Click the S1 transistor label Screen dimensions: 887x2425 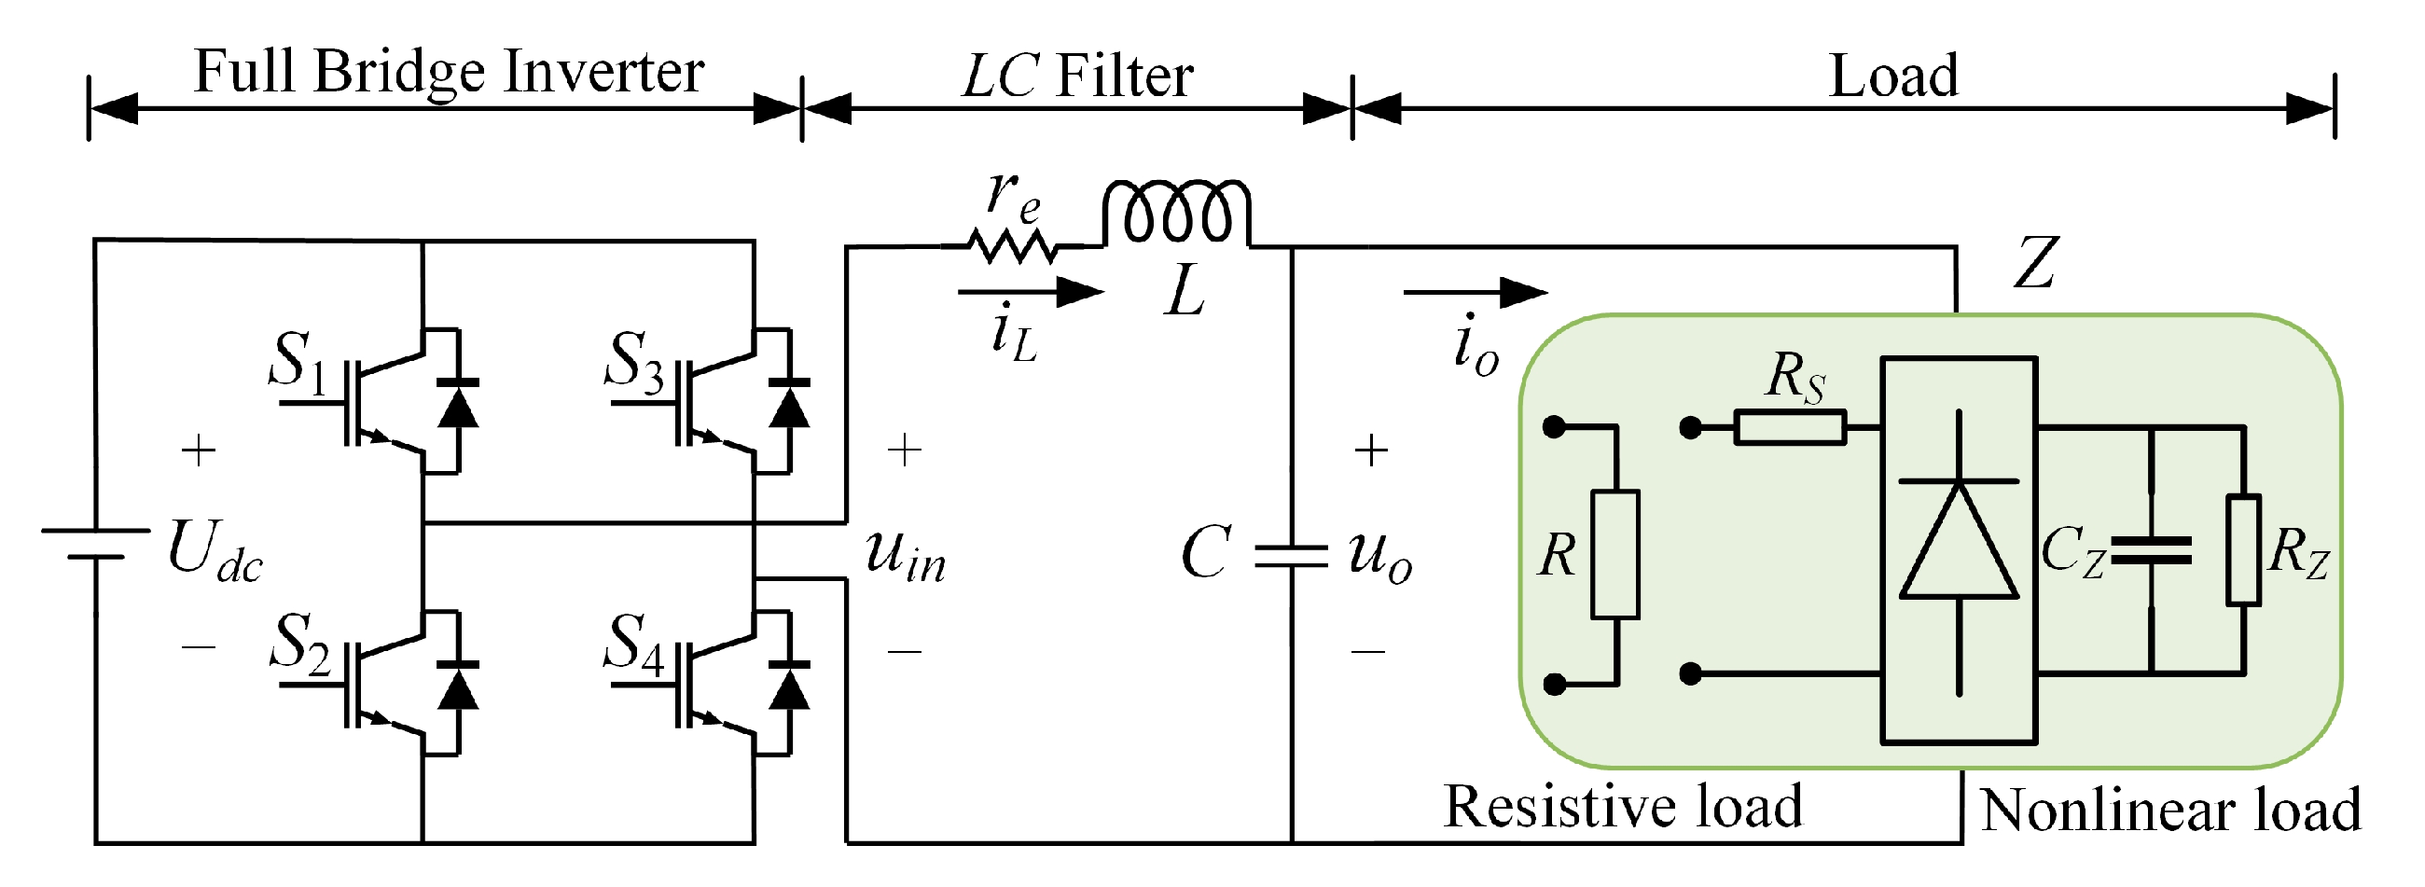pos(298,362)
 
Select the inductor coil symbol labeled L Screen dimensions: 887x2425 pos(1177,212)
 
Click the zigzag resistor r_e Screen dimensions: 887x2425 pos(1013,247)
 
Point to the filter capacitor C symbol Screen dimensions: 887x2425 pos(1292,556)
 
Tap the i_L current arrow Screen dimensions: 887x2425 pos(1031,292)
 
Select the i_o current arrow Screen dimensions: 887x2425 pos(1476,292)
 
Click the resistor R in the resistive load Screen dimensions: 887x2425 pos(1615,554)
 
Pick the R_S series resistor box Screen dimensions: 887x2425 pos(1790,427)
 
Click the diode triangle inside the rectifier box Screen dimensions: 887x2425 pos(1959,540)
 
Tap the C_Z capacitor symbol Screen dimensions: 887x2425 pos(2151,551)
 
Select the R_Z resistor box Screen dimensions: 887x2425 pos(2243,550)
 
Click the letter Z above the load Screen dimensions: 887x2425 pos(2035,263)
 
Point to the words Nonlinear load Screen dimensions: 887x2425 pos(2170,810)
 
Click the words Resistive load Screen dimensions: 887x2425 pos(1623,806)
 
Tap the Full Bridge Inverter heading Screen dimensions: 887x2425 pos(448,72)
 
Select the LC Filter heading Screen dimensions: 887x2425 pos(1078,76)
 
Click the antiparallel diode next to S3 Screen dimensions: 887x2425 pos(789,405)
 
